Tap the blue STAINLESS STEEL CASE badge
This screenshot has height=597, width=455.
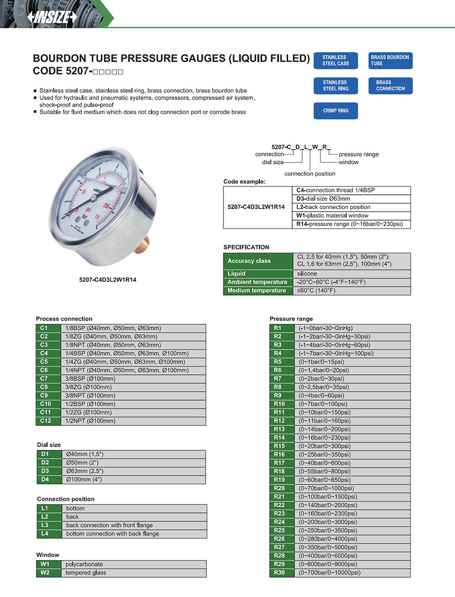(x=336, y=61)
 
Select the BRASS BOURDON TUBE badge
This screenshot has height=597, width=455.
(x=390, y=61)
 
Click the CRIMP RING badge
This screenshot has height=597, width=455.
(x=336, y=111)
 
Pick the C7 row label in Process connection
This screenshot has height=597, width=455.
(x=44, y=379)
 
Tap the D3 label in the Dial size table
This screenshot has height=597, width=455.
(x=44, y=471)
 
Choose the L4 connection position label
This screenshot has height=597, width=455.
(x=44, y=534)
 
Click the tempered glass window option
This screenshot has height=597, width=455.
(x=86, y=573)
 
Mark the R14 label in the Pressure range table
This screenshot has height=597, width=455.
(x=279, y=438)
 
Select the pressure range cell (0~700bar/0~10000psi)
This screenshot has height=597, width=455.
(x=330, y=573)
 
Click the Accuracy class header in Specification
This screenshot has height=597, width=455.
(x=249, y=261)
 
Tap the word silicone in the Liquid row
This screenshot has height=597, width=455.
(x=307, y=274)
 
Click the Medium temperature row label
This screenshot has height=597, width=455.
(x=256, y=291)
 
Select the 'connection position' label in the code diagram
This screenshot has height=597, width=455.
(x=310, y=174)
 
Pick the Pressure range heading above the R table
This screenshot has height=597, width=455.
(x=291, y=319)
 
